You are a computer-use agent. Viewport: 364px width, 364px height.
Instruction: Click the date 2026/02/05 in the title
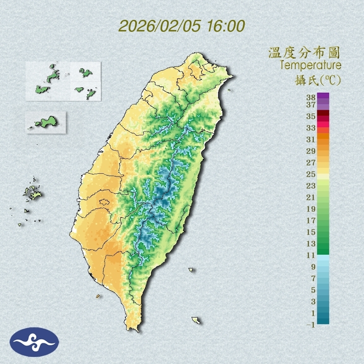(x=160, y=26)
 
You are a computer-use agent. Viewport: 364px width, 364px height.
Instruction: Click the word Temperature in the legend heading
(x=310, y=65)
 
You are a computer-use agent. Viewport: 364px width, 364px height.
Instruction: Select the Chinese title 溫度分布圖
(x=304, y=53)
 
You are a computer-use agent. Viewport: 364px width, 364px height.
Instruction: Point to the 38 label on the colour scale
(x=311, y=98)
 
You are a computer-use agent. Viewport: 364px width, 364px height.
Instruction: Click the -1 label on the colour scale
(x=311, y=325)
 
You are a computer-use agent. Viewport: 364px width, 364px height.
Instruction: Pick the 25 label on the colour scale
(x=311, y=174)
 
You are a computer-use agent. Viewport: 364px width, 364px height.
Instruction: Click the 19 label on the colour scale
(x=311, y=209)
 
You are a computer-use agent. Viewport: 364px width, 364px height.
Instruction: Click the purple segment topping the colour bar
(x=323, y=96)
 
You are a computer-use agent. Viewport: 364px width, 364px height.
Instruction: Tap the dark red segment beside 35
(x=323, y=113)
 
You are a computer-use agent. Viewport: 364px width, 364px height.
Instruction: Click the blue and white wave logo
(x=34, y=342)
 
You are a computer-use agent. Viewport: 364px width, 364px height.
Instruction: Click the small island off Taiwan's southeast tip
(x=196, y=320)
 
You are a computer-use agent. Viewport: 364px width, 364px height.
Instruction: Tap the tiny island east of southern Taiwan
(x=191, y=270)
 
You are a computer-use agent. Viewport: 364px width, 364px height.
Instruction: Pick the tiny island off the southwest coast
(x=98, y=296)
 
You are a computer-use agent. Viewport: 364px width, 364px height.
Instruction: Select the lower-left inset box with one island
(x=46, y=122)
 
